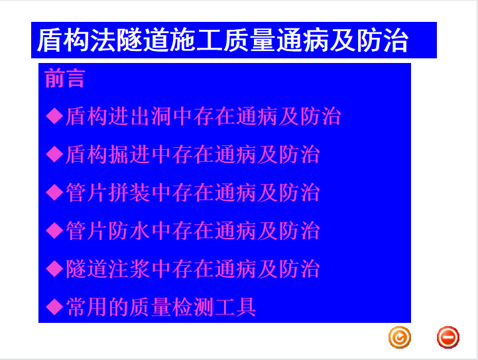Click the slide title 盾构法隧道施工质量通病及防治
(x=223, y=40)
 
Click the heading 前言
(x=64, y=78)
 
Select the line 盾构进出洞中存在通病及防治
(x=203, y=116)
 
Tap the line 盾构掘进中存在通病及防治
(x=192, y=154)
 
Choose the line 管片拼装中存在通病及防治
(x=192, y=192)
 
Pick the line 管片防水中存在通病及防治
(x=192, y=231)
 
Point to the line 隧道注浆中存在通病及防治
(x=192, y=269)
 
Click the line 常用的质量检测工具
(x=160, y=307)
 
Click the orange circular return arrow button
(x=400, y=337)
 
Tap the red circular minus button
(x=448, y=337)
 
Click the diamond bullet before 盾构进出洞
(x=54, y=116)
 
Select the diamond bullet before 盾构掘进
(x=54, y=154)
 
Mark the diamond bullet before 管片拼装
(x=54, y=192)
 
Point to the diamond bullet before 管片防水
(x=54, y=231)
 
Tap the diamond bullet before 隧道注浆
(x=54, y=269)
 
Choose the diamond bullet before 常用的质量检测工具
(x=54, y=307)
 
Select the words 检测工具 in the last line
(x=214, y=307)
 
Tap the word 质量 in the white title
(x=249, y=40)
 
